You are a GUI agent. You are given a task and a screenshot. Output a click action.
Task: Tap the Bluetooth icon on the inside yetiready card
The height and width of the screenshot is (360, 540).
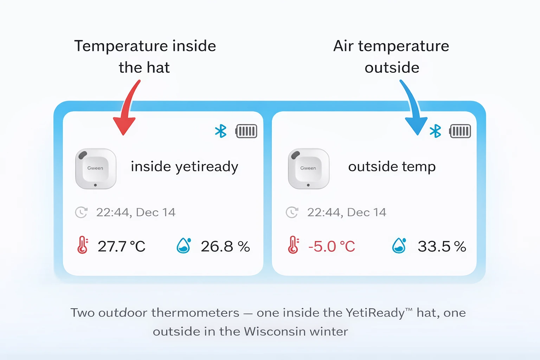pyautogui.click(x=221, y=131)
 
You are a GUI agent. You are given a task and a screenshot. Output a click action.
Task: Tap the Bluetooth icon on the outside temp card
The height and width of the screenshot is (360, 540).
pyautogui.click(x=435, y=131)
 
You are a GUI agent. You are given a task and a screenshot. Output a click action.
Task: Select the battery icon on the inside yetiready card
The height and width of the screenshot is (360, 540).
pyautogui.click(x=246, y=131)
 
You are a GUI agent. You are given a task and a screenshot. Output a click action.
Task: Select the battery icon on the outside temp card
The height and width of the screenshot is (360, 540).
pyautogui.click(x=460, y=131)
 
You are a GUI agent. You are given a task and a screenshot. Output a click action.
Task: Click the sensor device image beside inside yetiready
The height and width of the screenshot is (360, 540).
pyautogui.click(x=96, y=169)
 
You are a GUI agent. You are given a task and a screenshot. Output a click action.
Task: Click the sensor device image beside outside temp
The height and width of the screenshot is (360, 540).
pyautogui.click(x=309, y=169)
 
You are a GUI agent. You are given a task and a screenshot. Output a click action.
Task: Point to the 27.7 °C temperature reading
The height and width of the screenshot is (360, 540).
pyautogui.click(x=121, y=246)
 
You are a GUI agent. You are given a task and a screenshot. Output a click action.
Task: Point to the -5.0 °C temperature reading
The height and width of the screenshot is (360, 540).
pyautogui.click(x=332, y=246)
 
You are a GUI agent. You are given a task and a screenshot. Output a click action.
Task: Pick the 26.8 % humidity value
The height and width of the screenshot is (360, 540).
pyautogui.click(x=225, y=246)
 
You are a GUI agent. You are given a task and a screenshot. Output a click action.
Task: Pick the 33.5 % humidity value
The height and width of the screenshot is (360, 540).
pyautogui.click(x=442, y=246)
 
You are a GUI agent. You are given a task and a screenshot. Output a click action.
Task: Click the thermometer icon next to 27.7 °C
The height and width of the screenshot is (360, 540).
pyautogui.click(x=83, y=245)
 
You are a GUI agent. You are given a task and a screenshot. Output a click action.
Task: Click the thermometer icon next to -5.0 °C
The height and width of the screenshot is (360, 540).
pyautogui.click(x=293, y=245)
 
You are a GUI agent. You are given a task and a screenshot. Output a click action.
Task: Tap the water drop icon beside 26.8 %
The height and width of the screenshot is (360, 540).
pyautogui.click(x=184, y=245)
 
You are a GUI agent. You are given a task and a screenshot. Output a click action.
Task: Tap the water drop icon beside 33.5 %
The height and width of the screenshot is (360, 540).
pyautogui.click(x=399, y=245)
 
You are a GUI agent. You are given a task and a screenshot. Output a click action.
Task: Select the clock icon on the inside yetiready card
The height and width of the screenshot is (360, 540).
pyautogui.click(x=81, y=212)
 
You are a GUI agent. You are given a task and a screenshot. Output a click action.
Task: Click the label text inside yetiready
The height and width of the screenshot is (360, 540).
pyautogui.click(x=184, y=167)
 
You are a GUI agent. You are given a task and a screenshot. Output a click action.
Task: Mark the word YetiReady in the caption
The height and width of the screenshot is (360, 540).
pyautogui.click(x=375, y=313)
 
